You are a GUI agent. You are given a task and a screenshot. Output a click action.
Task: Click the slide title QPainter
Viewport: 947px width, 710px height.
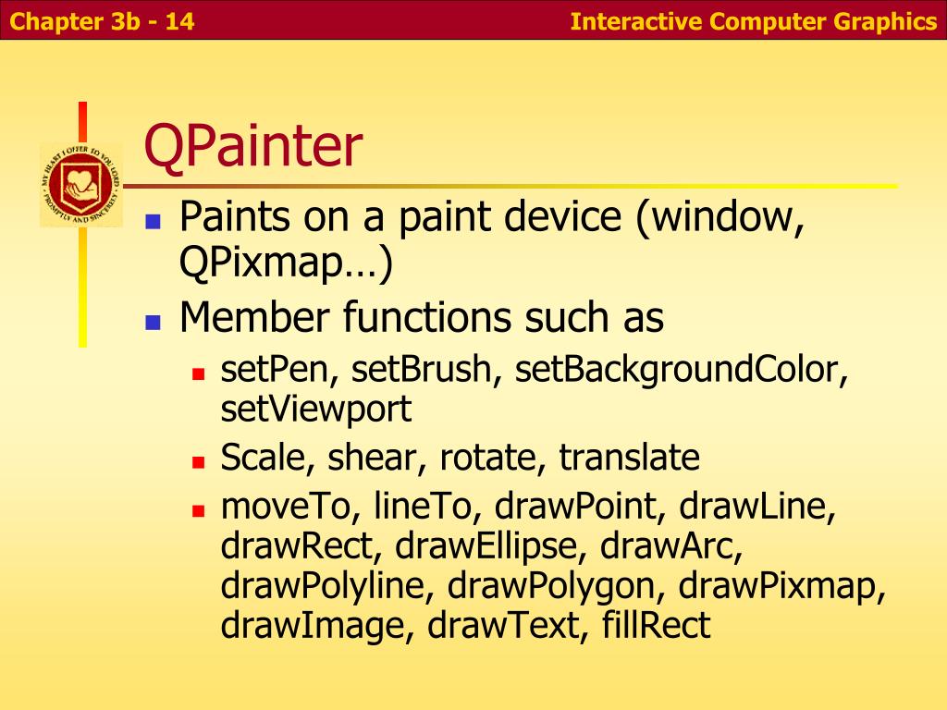coord(253,149)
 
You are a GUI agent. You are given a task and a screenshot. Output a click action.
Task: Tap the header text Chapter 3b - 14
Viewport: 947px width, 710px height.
coord(98,21)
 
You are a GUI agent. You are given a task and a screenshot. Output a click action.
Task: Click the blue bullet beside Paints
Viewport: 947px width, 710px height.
coord(154,222)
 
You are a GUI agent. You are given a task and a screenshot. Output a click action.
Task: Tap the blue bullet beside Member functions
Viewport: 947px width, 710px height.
coord(154,322)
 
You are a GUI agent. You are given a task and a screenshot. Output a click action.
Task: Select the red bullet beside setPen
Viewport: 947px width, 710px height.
coord(197,374)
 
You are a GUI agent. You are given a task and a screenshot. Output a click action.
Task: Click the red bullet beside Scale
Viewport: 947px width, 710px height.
coord(197,459)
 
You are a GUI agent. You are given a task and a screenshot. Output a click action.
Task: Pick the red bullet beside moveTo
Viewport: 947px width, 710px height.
coord(197,509)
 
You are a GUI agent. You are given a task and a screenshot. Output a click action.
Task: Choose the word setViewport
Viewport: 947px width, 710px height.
coord(316,409)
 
